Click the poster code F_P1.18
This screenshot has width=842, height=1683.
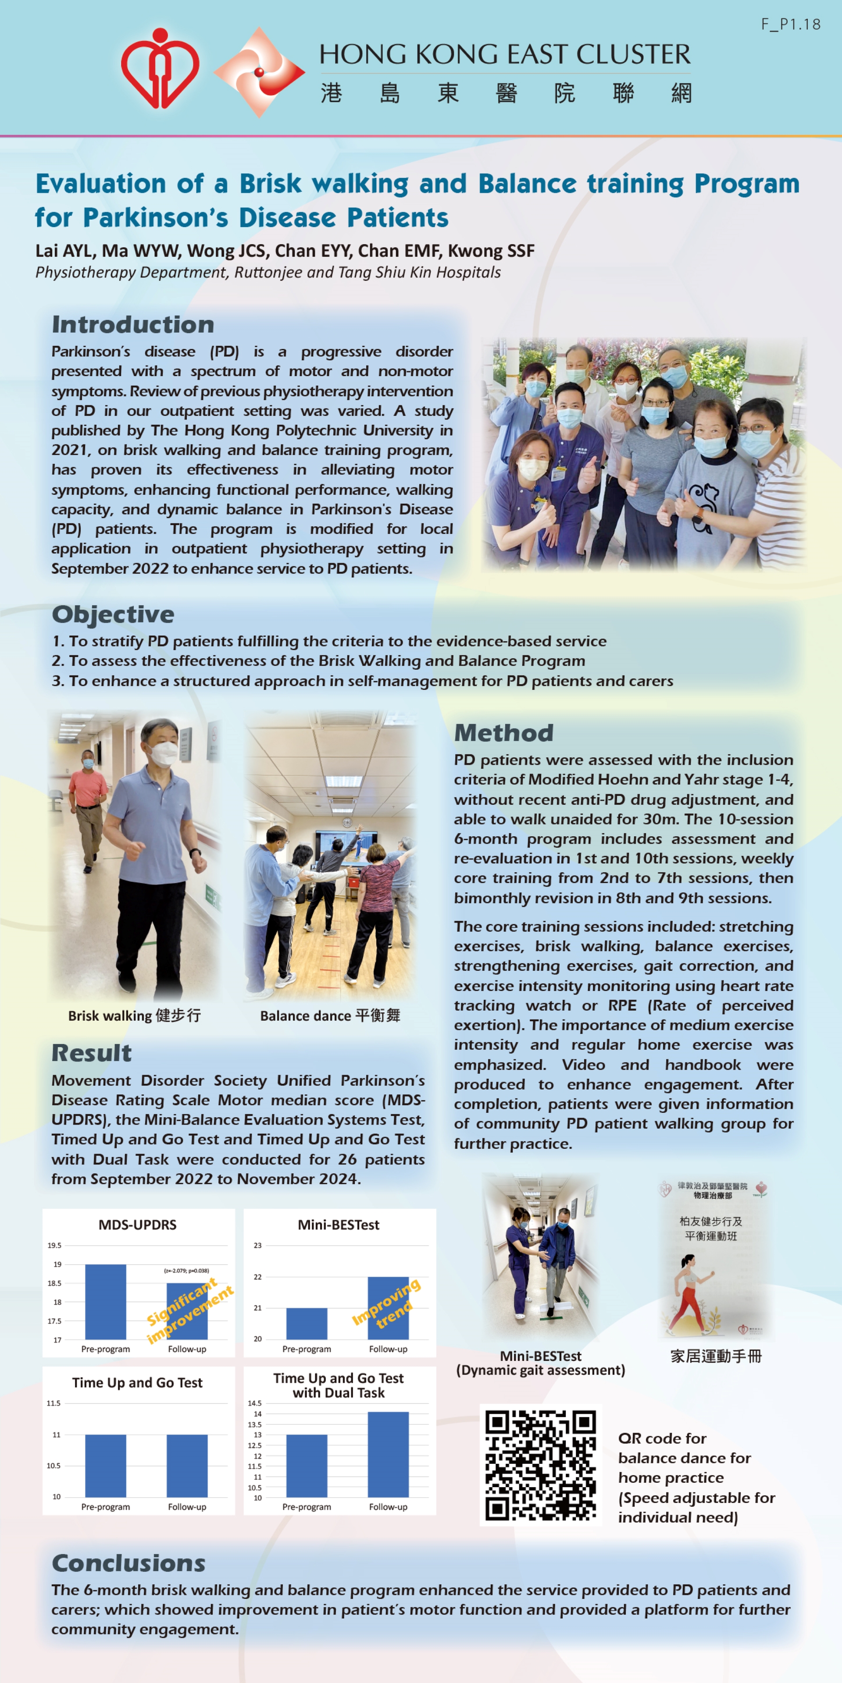790,24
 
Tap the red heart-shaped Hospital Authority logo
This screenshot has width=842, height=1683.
160,69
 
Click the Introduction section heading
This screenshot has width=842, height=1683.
133,324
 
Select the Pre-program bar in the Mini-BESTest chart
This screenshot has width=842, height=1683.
307,1323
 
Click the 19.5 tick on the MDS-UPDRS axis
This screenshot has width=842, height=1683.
54,1245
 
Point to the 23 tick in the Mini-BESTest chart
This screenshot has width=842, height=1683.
257,1245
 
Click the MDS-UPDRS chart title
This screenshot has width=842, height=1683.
137,1225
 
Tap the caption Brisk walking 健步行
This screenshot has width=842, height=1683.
134,1015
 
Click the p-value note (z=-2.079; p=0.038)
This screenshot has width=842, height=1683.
186,1271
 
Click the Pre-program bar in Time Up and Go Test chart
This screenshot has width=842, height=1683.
105,1466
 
